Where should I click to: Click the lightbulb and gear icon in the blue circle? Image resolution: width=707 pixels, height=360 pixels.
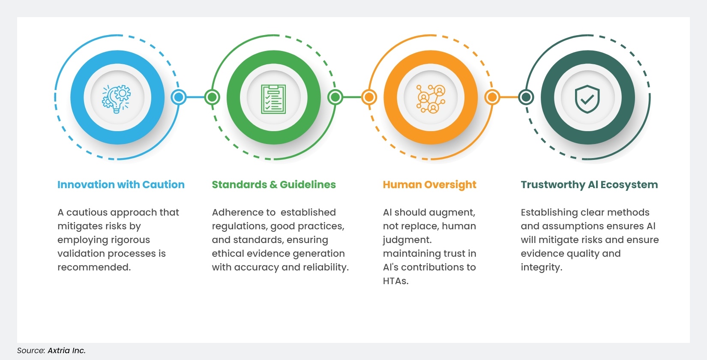[x=117, y=98]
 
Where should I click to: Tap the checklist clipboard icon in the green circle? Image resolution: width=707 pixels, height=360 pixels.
[x=273, y=99]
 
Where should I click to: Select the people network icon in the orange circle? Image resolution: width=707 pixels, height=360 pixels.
[x=431, y=98]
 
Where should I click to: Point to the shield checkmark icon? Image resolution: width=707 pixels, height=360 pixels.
[x=587, y=98]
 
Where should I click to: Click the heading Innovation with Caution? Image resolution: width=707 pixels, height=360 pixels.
[x=121, y=185]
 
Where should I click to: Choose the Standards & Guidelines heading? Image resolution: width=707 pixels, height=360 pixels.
[x=274, y=185]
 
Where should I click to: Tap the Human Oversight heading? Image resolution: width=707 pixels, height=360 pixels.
[x=429, y=185]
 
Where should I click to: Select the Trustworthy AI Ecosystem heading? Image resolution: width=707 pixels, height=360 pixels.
[x=589, y=185]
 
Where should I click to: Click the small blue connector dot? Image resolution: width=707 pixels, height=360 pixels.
[x=179, y=97]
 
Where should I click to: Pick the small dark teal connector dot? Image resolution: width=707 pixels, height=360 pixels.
[x=526, y=97]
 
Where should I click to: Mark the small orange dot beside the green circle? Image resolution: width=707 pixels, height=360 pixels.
[x=368, y=97]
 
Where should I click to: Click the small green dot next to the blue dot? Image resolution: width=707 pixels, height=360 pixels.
[x=212, y=97]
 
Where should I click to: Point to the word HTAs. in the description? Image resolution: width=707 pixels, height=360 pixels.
[x=395, y=281]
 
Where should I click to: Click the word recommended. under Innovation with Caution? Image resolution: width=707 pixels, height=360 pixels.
[x=94, y=267]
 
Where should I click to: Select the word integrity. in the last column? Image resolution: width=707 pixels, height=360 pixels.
[x=541, y=267]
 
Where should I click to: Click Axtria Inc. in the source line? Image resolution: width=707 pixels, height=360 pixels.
[x=66, y=351]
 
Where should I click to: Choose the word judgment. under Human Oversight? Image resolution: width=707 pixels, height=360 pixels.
[x=407, y=240]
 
